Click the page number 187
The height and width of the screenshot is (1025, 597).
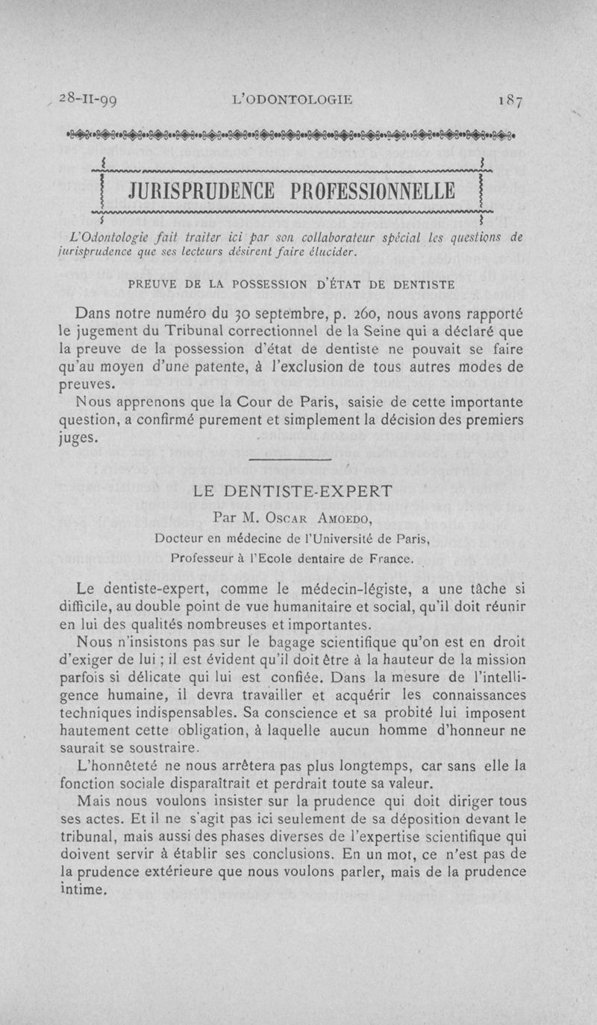click(x=511, y=99)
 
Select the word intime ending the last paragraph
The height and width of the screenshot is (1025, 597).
click(x=82, y=890)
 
